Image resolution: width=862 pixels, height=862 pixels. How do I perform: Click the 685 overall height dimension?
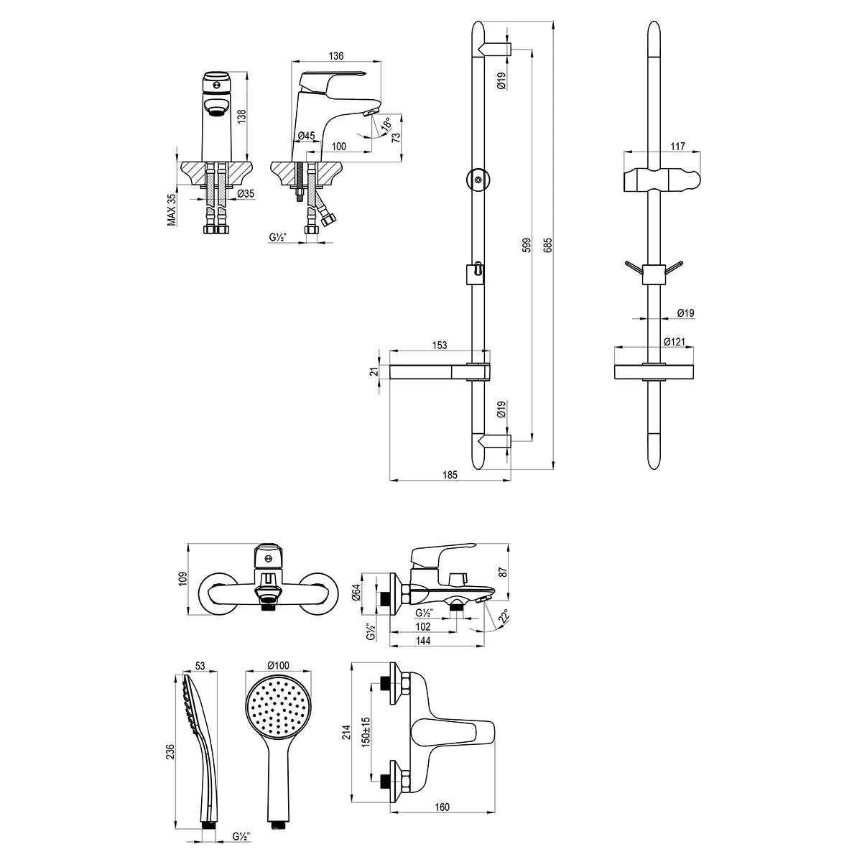(548, 246)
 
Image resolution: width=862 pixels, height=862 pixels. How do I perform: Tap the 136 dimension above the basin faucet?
(336, 56)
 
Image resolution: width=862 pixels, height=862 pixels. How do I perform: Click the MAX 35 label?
(172, 209)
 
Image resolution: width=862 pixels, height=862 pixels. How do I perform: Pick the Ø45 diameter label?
(306, 136)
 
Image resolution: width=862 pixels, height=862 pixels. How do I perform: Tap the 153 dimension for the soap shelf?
(440, 346)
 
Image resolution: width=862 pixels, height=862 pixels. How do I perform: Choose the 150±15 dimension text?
(366, 731)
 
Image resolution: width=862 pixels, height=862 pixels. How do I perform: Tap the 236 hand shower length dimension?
(171, 751)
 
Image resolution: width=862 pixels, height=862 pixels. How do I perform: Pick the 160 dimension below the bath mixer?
(442, 807)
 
